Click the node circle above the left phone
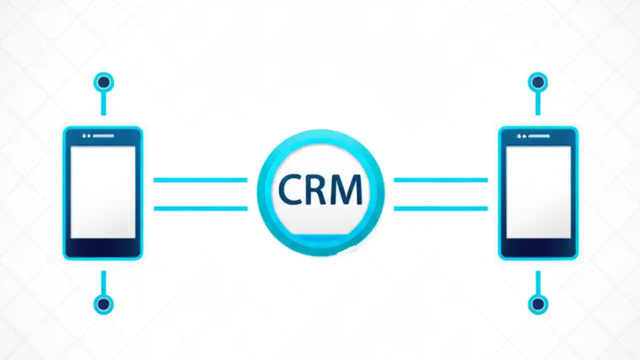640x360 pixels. [x=103, y=82]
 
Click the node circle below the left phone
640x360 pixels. [x=103, y=303]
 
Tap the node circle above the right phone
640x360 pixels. [x=537, y=82]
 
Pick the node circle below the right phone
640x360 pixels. [x=537, y=303]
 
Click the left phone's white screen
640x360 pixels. [x=103, y=192]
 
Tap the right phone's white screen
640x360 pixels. [x=538, y=192]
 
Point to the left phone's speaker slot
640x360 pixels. [x=103, y=135]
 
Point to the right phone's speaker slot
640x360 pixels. [x=539, y=135]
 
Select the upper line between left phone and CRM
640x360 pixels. [x=200, y=179]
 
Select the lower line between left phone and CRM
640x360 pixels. [x=200, y=208]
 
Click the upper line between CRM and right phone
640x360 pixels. [x=440, y=179]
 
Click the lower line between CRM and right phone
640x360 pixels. [x=440, y=208]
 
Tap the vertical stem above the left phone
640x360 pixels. [x=103, y=103]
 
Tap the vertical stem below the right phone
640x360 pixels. [x=537, y=282]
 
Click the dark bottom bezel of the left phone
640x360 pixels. [x=103, y=248]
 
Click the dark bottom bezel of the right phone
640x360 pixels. [x=538, y=248]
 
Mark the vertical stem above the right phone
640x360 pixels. [x=537, y=103]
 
